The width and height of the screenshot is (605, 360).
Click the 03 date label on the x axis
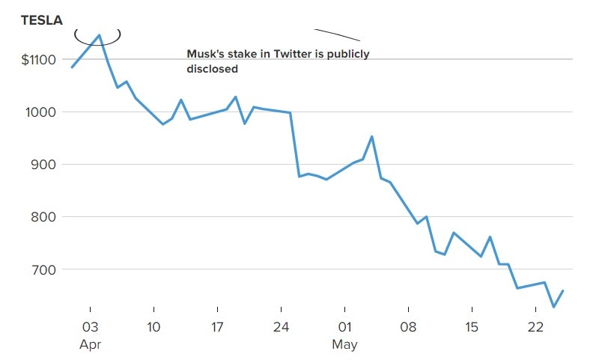point(90,329)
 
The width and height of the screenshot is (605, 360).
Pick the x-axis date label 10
point(153,329)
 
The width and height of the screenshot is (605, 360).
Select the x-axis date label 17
point(217,329)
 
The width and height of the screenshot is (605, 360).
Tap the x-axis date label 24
point(281,329)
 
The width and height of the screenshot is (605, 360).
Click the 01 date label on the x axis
point(344,329)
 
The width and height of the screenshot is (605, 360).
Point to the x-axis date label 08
point(408,329)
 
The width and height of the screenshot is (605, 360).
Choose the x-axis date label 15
point(472,329)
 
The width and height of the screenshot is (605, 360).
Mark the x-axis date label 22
point(535,329)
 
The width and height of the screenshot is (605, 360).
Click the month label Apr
point(90,345)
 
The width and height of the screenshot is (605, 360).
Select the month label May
point(344,345)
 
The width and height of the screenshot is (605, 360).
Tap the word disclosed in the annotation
point(212,69)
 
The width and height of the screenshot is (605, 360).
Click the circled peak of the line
point(99,35)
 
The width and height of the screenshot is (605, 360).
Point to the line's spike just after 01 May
point(372,136)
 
